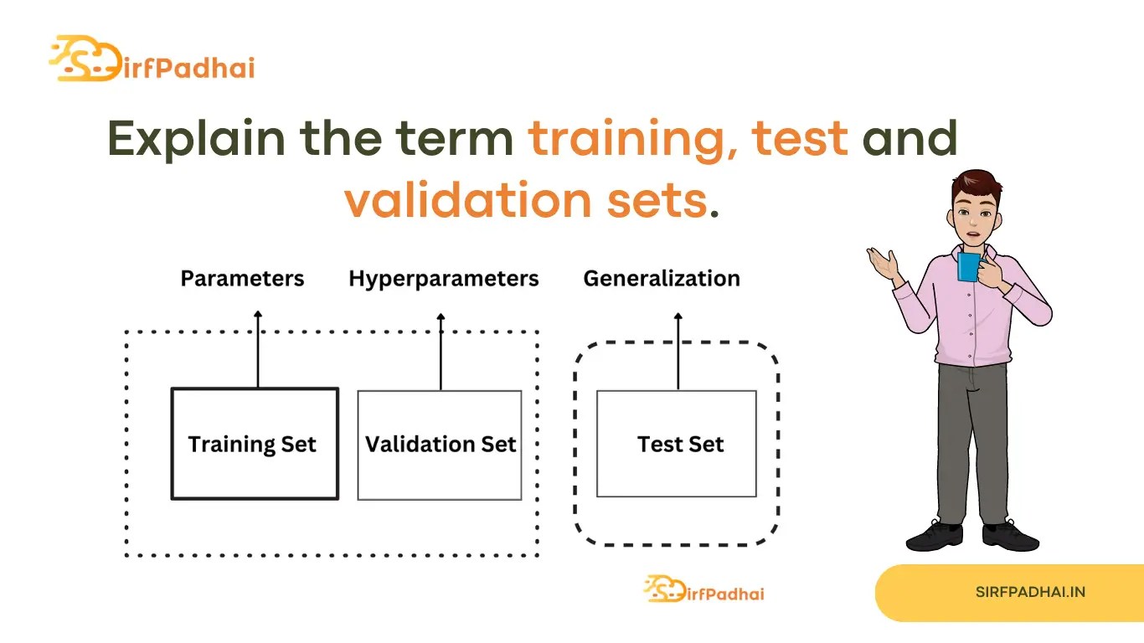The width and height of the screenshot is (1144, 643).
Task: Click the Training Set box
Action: click(255, 444)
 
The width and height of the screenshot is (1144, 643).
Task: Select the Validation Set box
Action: click(440, 445)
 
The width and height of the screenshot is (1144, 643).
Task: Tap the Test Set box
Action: click(677, 445)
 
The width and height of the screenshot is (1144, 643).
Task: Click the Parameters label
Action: click(242, 279)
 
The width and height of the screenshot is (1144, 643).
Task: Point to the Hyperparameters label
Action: click(444, 279)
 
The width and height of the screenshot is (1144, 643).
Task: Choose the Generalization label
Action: click(662, 279)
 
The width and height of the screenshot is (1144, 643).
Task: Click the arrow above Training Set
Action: click(258, 347)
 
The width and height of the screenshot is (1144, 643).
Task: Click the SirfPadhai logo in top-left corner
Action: click(152, 59)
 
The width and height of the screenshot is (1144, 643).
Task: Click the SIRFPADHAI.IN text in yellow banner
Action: click(1030, 592)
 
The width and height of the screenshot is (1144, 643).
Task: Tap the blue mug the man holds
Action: click(969, 266)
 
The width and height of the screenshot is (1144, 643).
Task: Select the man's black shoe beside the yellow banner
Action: click(1010, 535)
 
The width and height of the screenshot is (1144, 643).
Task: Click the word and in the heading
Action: click(910, 139)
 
